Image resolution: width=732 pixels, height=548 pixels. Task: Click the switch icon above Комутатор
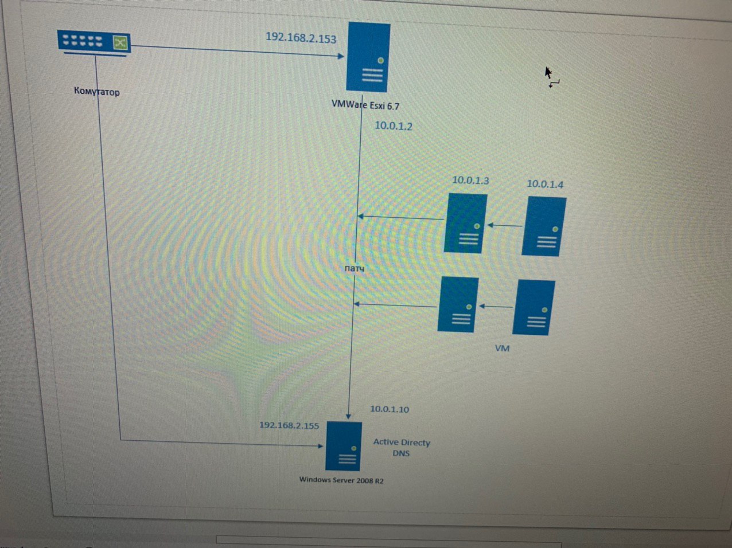[94, 42]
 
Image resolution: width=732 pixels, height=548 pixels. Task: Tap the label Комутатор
[97, 91]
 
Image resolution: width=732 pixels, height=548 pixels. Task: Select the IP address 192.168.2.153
[301, 38]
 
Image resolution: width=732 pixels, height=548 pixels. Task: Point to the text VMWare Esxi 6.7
[365, 105]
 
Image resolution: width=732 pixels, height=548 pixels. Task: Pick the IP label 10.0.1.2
[394, 126]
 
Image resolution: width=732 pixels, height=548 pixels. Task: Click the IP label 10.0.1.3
[470, 180]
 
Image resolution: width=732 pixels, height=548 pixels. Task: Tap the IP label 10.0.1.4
[545, 184]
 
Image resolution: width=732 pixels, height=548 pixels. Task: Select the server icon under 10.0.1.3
[466, 223]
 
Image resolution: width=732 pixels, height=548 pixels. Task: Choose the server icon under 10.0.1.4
[544, 226]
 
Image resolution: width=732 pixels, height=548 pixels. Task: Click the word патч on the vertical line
[355, 268]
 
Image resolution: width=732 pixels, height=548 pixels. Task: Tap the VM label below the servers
[502, 348]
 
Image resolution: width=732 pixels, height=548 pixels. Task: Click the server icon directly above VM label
[534, 307]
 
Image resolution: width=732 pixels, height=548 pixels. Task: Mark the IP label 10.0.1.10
[390, 409]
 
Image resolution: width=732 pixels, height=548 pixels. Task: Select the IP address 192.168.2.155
[289, 425]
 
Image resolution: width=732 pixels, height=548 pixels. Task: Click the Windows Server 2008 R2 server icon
[344, 446]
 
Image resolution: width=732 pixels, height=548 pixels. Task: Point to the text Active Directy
[402, 442]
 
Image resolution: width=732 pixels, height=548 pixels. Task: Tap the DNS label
[401, 453]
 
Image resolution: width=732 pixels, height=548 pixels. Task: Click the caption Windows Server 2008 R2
[341, 480]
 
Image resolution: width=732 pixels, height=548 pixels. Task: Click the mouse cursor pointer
[548, 73]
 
